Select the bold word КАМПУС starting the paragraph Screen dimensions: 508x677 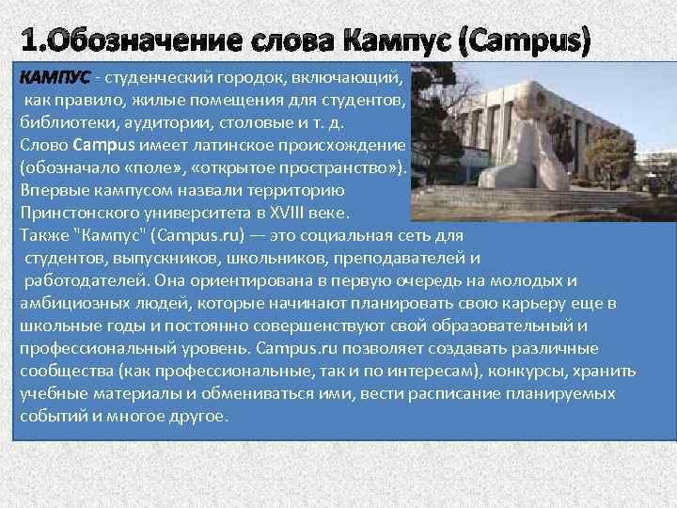click(x=55, y=75)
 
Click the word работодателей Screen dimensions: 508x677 click(x=85, y=280)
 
